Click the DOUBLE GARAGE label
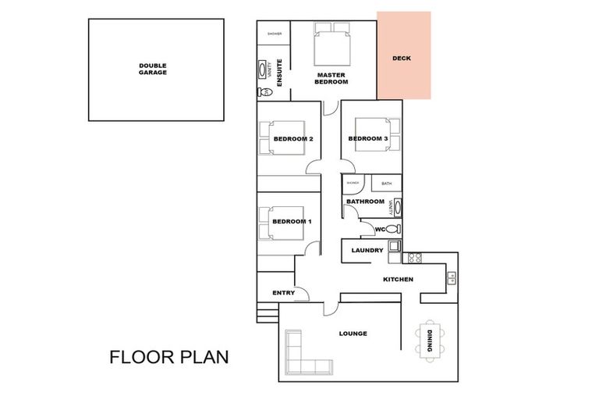[x=154, y=69]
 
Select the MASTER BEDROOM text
[x=331, y=78]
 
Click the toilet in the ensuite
[x=266, y=92]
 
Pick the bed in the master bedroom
[x=334, y=44]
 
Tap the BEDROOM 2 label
[x=292, y=139]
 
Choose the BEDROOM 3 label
[x=367, y=139]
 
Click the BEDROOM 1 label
[x=292, y=221]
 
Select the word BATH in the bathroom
[x=386, y=184]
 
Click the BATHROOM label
[x=365, y=202]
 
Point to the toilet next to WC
[x=395, y=229]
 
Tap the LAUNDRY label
[x=367, y=250]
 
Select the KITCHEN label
[x=398, y=279]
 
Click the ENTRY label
[x=282, y=293]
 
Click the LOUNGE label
[x=353, y=334]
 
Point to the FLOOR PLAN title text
[x=168, y=358]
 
